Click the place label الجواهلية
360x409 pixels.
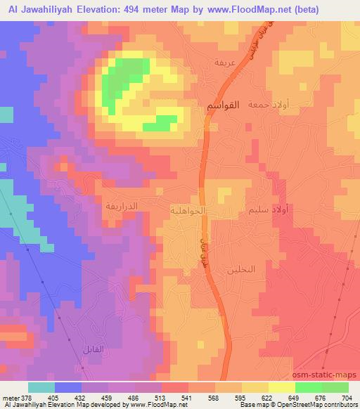[x=188, y=209]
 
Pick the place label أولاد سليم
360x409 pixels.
[x=268, y=209]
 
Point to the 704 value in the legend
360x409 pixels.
[x=347, y=398]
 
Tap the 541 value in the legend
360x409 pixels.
[x=185, y=398]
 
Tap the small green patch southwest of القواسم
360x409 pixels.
[x=160, y=124]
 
